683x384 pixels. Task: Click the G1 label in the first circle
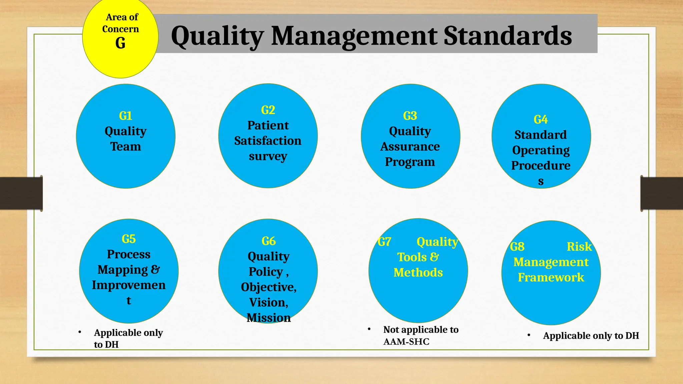125,116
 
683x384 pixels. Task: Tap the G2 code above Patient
268,110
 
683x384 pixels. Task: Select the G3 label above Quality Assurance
410,116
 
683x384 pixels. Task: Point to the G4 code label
541,120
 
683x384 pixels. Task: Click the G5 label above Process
128,239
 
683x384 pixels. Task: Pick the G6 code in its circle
268,241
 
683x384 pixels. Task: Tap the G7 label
385,242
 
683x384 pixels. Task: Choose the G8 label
517,247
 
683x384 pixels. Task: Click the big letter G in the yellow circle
120,43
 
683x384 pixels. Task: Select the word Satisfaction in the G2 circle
268,141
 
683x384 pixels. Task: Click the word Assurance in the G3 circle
410,146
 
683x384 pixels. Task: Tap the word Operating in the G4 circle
541,150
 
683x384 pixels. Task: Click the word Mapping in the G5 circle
122,270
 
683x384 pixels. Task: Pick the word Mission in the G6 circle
268,318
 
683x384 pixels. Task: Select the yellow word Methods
418,273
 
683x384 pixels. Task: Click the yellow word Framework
551,277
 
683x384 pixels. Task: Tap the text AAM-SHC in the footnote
406,342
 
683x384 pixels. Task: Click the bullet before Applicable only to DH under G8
529,335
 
